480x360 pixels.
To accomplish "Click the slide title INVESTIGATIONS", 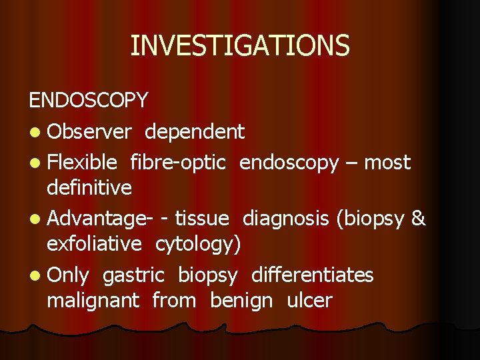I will pyautogui.click(x=239, y=46).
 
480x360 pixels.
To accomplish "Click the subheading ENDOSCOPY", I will pyautogui.click(x=88, y=100).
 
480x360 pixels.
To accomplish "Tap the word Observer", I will pyautogui.click(x=89, y=132).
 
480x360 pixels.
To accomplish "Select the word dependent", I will pyautogui.click(x=195, y=132).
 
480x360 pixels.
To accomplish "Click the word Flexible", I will pyautogui.click(x=83, y=162).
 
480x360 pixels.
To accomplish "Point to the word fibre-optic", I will pyautogui.click(x=179, y=162).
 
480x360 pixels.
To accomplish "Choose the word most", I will pyautogui.click(x=387, y=162).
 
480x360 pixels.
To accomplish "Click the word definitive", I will pyautogui.click(x=89, y=188).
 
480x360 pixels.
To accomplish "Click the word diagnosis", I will pyautogui.click(x=286, y=219).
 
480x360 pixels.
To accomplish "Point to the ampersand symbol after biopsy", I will pyautogui.click(x=418, y=219).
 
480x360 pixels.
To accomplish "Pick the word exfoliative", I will pyautogui.click(x=94, y=244).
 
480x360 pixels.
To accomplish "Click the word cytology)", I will pyautogui.click(x=198, y=245).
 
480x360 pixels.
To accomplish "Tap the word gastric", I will pyautogui.click(x=133, y=275).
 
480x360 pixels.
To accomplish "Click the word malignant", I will pyautogui.click(x=93, y=301).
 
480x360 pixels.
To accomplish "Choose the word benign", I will pyautogui.click(x=241, y=301).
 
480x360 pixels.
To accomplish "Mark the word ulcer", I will pyautogui.click(x=309, y=301).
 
